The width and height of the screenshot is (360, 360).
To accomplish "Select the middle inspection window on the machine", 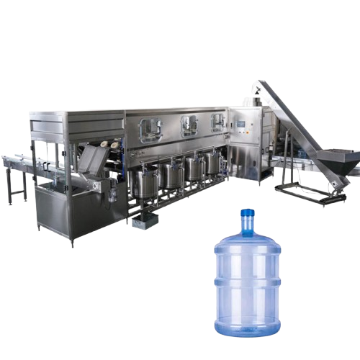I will pos(189,126).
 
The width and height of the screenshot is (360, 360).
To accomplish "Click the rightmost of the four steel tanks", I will pos(211,163).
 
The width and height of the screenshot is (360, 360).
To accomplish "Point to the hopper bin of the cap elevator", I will pos(336,161).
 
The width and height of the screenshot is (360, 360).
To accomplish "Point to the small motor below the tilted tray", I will pos(109,189).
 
